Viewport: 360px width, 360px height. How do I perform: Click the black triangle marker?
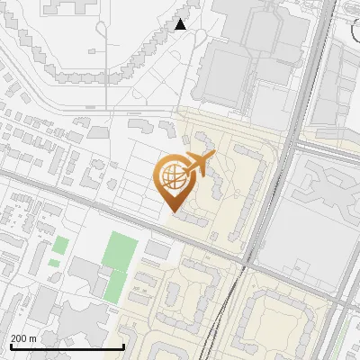pyautogui.click(x=181, y=24)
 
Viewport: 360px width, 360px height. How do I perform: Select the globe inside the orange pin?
pyautogui.click(x=172, y=178)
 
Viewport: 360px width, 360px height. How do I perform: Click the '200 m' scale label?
pyautogui.click(x=23, y=338)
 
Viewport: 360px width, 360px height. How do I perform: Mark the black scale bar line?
pyautogui.click(x=67, y=346)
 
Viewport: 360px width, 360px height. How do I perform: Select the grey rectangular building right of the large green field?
pyautogui.click(x=157, y=248)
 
